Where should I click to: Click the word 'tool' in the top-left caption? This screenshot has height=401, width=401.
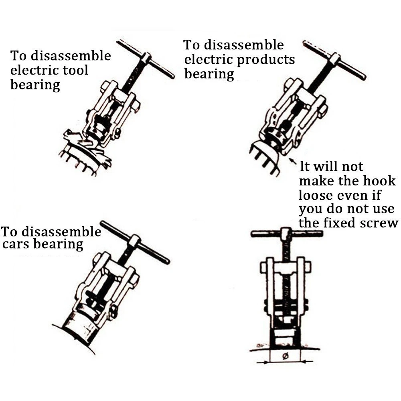75,70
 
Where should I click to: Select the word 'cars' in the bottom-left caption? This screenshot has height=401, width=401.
15,244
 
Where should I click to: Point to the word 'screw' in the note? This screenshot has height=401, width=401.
378,223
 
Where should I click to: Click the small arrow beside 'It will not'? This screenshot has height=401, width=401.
293,162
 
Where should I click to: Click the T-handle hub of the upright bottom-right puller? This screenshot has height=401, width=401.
286,233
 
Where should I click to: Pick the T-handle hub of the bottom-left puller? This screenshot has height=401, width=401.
134,241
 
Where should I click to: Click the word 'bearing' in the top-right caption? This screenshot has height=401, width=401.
209,74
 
